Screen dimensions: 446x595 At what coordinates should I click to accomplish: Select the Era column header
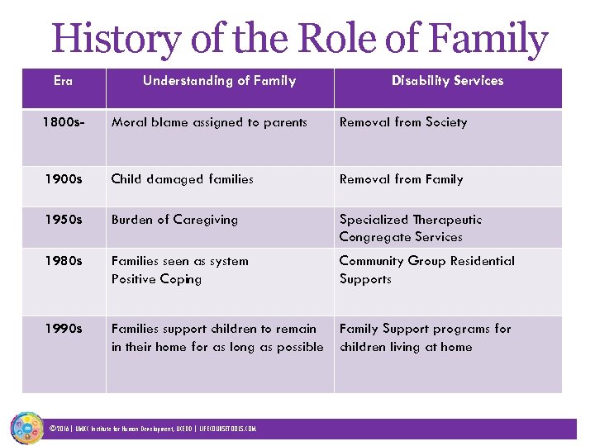click(63, 81)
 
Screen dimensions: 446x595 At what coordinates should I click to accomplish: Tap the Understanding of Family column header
click(219, 81)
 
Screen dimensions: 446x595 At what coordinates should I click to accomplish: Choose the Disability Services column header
click(447, 81)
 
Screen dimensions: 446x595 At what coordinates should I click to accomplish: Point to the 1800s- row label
click(63, 122)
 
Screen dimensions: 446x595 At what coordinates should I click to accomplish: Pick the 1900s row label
click(63, 179)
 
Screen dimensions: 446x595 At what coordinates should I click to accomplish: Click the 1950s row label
click(63, 220)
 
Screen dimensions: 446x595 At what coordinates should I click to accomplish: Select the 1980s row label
click(63, 261)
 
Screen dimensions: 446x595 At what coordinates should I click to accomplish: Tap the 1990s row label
click(63, 329)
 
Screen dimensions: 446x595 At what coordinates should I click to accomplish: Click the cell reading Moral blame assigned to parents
click(209, 122)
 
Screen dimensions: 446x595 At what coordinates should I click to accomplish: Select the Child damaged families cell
click(183, 179)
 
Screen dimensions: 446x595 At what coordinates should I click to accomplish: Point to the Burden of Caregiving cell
click(174, 220)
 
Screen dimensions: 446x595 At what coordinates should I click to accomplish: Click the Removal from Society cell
click(403, 122)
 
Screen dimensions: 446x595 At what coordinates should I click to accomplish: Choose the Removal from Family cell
click(401, 179)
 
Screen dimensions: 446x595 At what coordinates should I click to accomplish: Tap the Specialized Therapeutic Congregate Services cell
click(410, 228)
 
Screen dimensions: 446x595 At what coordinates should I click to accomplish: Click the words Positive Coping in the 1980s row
click(156, 279)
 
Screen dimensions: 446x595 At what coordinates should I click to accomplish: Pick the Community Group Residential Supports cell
click(426, 270)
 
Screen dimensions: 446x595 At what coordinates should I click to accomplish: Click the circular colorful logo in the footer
click(26, 428)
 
